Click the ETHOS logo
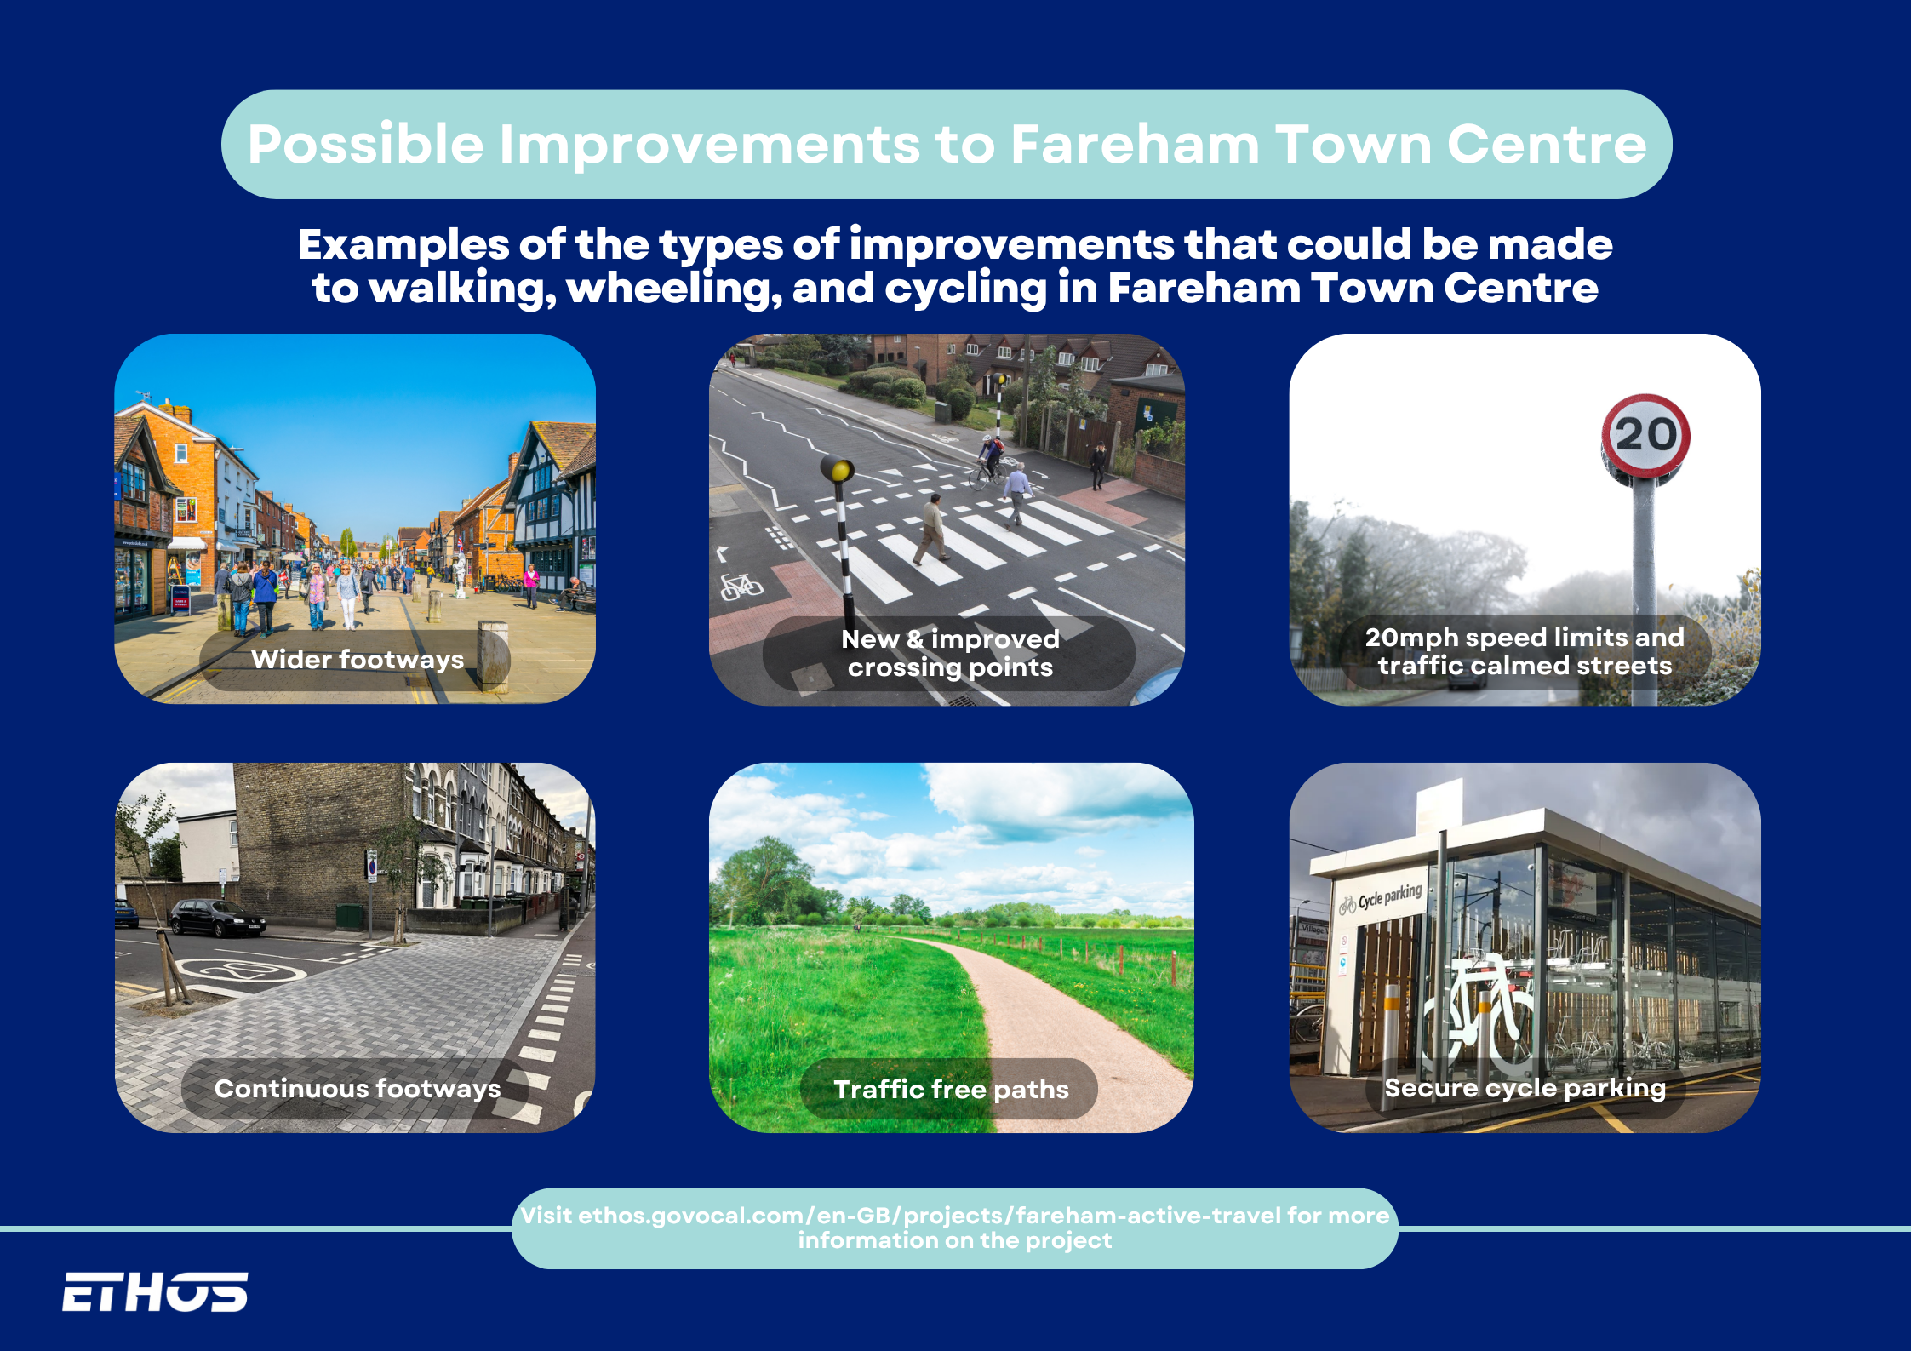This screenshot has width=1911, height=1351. point(155,1291)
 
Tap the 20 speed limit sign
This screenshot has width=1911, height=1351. point(1645,435)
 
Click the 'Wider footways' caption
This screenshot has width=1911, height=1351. point(358,660)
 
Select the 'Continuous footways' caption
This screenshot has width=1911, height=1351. point(358,1089)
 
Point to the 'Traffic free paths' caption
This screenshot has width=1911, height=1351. point(951,1089)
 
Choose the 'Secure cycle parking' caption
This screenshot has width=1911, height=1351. point(1525,1088)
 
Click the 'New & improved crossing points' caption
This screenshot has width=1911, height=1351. point(950,653)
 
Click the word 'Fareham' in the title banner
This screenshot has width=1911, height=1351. point(1135,144)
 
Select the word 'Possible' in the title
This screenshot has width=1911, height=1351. point(366,144)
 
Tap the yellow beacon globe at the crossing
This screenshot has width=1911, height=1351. point(837,469)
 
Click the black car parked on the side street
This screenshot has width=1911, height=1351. point(217,919)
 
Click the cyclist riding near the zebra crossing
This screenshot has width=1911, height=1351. point(988,461)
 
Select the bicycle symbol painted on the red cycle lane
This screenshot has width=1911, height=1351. point(741,586)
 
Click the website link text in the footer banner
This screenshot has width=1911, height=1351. point(955,1228)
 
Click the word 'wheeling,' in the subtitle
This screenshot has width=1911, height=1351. point(674,289)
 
